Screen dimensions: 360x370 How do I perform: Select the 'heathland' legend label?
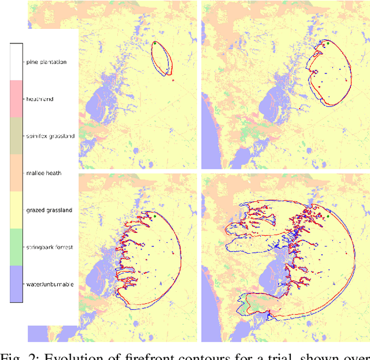40,99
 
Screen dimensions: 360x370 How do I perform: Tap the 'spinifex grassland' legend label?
50,136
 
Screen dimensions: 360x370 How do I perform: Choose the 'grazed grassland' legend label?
49,210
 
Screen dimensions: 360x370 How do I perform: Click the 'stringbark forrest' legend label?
50,247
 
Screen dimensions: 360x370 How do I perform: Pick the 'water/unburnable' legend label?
50,284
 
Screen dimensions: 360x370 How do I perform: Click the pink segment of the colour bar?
16,99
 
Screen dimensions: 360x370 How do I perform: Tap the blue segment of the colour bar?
16,284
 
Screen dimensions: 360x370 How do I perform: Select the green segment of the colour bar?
16,247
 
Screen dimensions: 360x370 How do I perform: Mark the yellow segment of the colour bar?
16,210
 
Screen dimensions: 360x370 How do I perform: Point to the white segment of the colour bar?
16,62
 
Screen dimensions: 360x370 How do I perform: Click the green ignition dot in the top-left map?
155,43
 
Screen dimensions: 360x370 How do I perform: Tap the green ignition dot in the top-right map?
327,43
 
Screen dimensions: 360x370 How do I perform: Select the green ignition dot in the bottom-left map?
155,216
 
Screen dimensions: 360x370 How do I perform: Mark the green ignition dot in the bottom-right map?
327,216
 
